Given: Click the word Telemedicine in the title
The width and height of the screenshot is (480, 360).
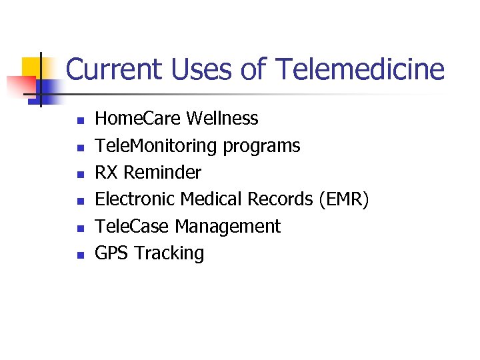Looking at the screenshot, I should point(359,69).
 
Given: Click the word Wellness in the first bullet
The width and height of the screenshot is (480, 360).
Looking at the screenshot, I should point(222,119).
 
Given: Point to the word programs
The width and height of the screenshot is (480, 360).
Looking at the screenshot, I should point(261,146).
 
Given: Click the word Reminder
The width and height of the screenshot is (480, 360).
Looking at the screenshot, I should point(163,173).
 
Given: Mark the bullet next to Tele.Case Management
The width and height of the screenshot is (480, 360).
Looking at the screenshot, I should point(79,228).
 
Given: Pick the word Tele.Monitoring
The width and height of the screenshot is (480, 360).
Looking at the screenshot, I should point(156,146).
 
